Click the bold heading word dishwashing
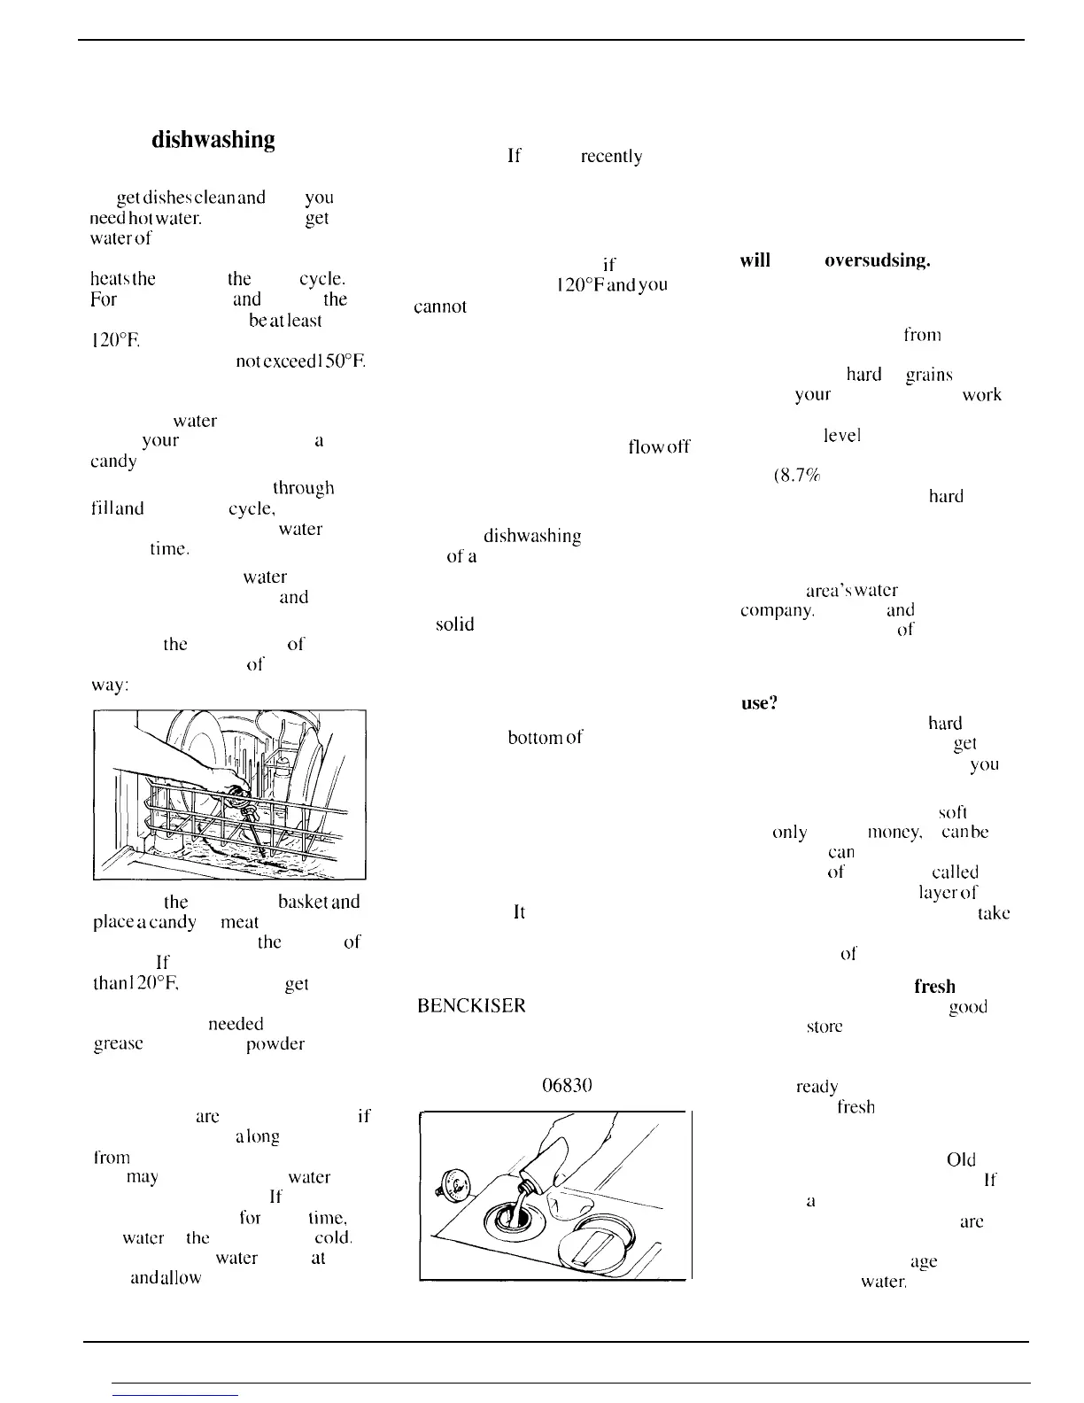click(213, 140)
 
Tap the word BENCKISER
click(471, 1006)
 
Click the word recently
click(610, 157)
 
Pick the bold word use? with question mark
click(759, 703)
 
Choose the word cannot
click(440, 307)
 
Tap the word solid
click(454, 624)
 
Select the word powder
click(275, 1044)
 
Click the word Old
click(961, 1159)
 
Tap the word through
click(304, 488)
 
